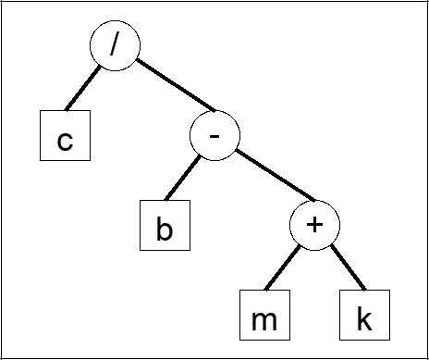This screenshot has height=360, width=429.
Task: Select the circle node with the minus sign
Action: click(x=214, y=137)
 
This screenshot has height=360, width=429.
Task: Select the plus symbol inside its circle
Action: click(x=314, y=227)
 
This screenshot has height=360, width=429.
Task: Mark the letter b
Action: click(x=165, y=229)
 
